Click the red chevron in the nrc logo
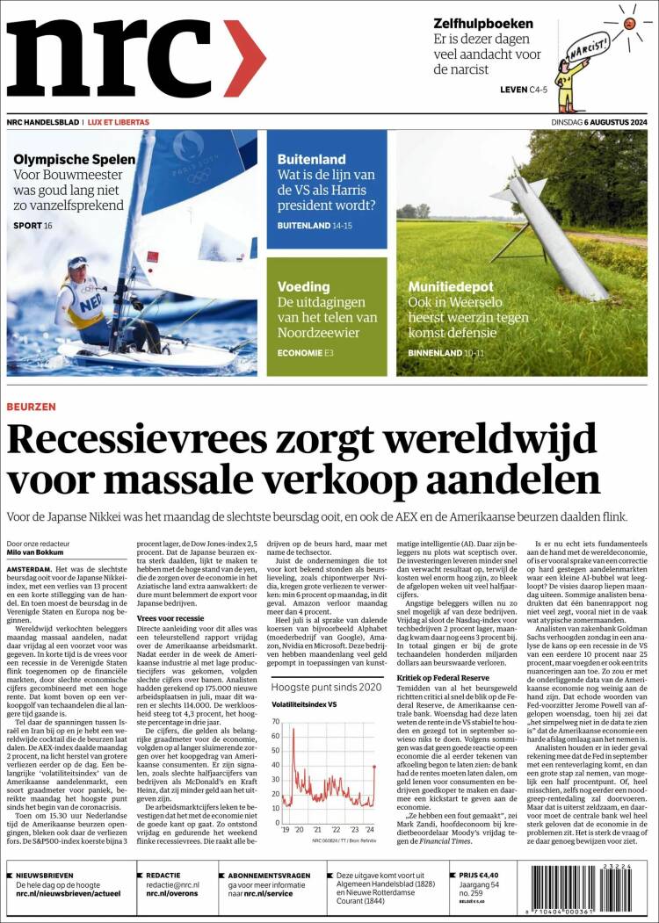coord(243,58)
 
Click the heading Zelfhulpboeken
coord(483,24)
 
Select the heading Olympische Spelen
coord(75,159)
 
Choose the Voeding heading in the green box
coord(303,286)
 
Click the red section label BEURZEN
coord(31,407)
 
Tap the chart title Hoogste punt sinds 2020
coord(326,687)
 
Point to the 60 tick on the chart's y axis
coord(275,723)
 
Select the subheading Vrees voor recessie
coord(170,618)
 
